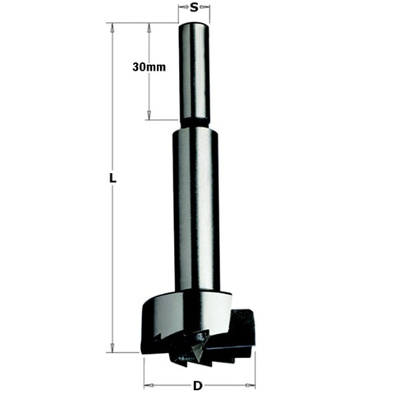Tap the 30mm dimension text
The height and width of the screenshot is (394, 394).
click(149, 67)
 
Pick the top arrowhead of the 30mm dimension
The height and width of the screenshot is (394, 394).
click(149, 26)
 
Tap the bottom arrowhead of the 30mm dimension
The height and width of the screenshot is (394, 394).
click(149, 117)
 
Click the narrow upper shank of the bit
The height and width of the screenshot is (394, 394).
click(195, 74)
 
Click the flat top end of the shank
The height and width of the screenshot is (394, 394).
click(195, 25)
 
